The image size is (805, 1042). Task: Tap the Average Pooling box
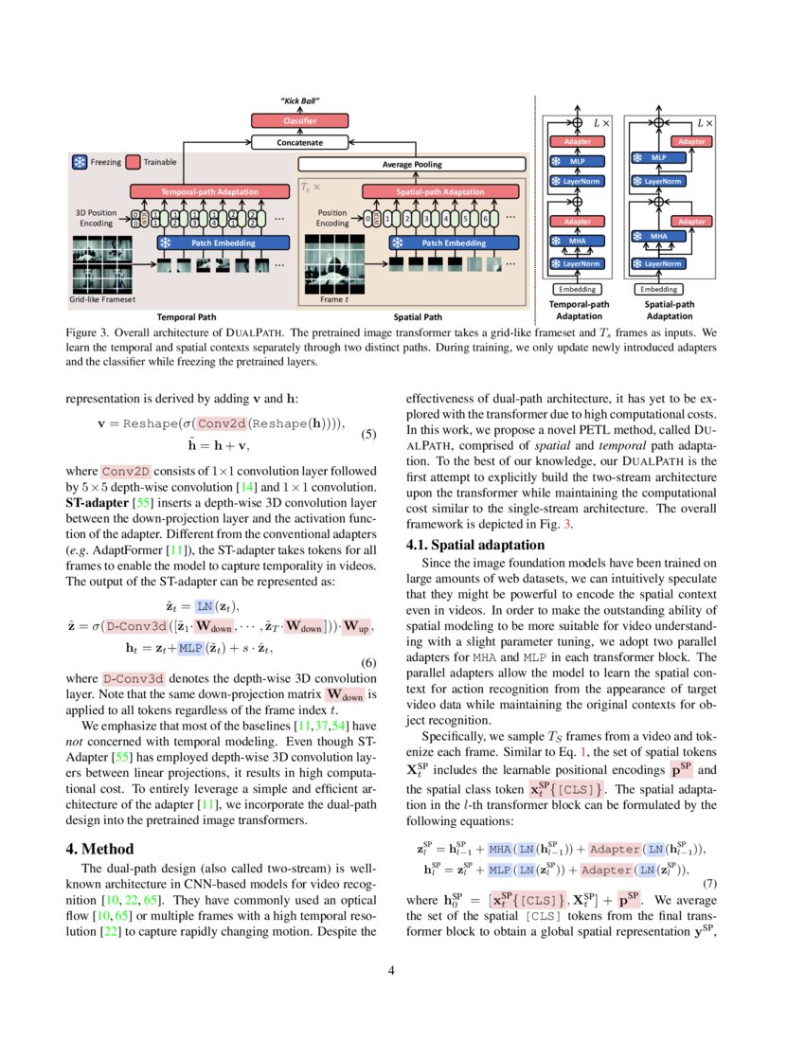click(x=412, y=165)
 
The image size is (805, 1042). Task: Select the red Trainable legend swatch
click(x=133, y=162)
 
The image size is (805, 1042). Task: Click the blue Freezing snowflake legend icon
click(x=80, y=162)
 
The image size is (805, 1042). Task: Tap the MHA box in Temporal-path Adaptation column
click(x=577, y=242)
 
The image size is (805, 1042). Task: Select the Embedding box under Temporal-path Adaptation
click(x=578, y=288)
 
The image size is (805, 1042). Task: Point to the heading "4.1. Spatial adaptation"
click(x=474, y=545)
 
